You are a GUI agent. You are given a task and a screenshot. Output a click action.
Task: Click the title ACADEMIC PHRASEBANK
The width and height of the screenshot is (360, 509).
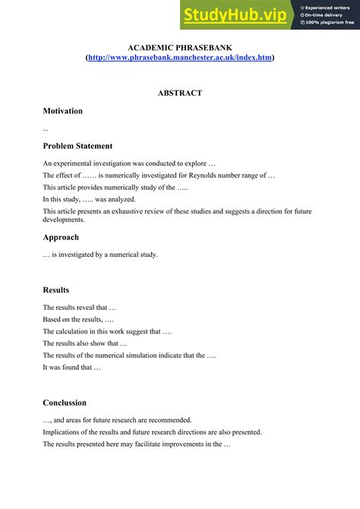[180, 48]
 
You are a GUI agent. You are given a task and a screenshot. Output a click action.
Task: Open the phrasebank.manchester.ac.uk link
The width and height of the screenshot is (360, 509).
[180, 58]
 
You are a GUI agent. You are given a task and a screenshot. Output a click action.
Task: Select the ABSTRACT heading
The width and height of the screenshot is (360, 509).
[180, 93]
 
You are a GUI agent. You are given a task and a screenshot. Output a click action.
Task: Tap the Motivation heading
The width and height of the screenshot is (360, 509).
[63, 111]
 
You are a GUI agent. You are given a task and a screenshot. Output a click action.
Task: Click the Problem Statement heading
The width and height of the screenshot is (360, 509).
[77, 146]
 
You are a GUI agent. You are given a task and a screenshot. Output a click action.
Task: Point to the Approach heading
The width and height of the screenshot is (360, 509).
[61, 237]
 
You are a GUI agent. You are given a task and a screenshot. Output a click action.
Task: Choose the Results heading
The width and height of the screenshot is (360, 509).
[56, 289]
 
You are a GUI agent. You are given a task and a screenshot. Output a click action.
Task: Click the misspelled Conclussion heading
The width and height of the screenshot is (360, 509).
[65, 403]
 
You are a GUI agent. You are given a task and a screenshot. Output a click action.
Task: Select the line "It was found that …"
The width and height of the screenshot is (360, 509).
[71, 368]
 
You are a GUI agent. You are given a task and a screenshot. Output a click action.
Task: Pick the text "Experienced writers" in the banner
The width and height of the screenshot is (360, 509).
[330, 7]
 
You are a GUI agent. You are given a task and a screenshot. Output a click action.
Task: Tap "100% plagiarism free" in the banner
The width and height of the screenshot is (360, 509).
[330, 22]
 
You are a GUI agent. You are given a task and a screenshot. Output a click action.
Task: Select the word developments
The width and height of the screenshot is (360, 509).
[64, 220]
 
